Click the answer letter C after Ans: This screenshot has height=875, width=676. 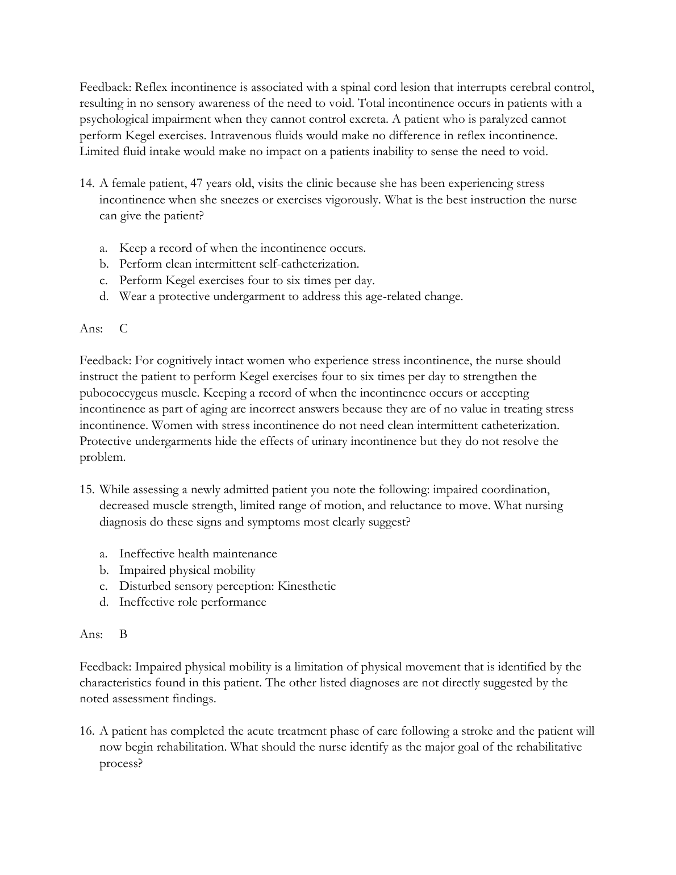pos(124,329)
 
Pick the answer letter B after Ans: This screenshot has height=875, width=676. pos(123,635)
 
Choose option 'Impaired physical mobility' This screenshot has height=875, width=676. pos(187,570)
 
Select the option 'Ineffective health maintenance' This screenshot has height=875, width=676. pos(198,554)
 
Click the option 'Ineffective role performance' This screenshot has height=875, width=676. pos(193,602)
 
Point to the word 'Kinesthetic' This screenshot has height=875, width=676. pos(307,586)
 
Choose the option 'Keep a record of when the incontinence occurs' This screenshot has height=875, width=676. pos(242,248)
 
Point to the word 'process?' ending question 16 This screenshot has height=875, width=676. pos(120,764)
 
